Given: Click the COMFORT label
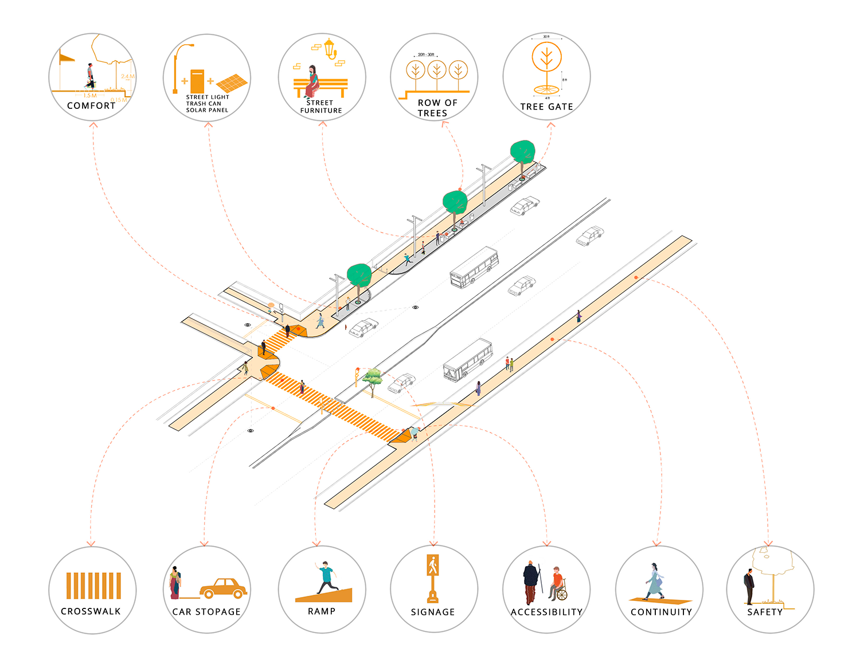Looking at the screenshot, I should (91, 105).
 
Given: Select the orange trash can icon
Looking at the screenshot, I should (197, 81).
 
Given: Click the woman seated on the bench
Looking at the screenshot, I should (312, 81).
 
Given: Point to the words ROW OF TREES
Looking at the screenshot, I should (437, 108).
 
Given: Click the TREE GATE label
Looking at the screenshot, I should (546, 107).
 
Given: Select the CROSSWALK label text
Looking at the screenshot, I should (91, 611).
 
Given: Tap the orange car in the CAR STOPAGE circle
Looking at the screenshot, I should (223, 588).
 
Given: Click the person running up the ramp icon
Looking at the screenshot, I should (326, 577).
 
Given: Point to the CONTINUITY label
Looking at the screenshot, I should (661, 612).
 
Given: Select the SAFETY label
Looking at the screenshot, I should (765, 612).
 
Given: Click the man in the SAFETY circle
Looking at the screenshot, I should (749, 587).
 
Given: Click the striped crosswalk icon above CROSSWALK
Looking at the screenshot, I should (93, 586).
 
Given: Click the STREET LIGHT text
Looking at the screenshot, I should (207, 97).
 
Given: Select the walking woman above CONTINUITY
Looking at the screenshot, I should (654, 581).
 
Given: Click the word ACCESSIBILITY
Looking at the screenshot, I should (546, 612).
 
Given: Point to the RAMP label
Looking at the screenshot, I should (322, 611).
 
